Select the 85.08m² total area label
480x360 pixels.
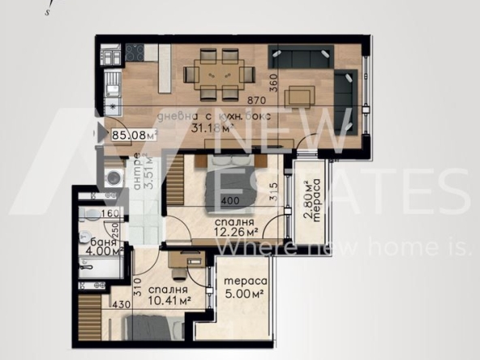(x=134, y=135)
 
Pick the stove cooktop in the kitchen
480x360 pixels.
(x=134, y=54)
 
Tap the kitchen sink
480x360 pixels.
(x=110, y=82)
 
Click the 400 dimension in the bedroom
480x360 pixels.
(x=230, y=199)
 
